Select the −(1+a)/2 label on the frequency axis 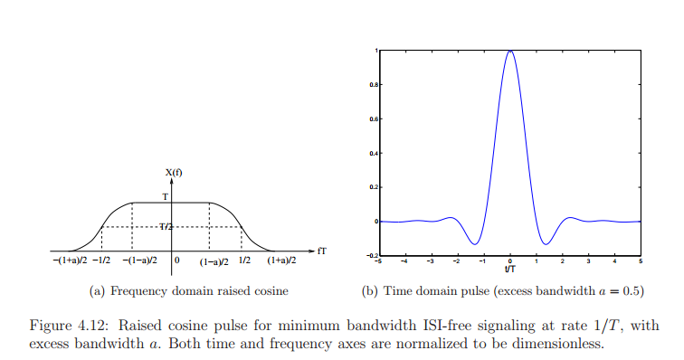point(69,261)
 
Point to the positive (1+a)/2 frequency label point(281,261)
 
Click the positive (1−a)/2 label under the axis point(214,262)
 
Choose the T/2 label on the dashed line point(166,226)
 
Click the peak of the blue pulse point(511,52)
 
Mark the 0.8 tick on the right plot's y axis point(374,85)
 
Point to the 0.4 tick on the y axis point(374,153)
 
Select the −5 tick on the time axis point(379,261)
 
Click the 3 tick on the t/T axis point(589,261)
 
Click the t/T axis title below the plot point(511,269)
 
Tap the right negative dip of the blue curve point(546,242)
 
